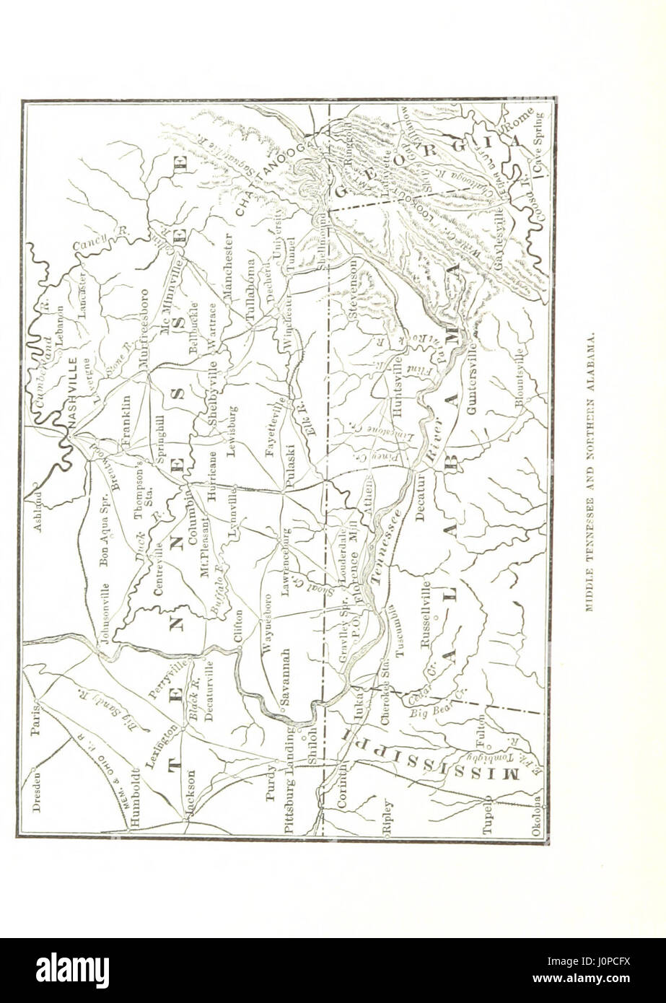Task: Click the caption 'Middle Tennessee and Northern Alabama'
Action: [589, 473]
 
